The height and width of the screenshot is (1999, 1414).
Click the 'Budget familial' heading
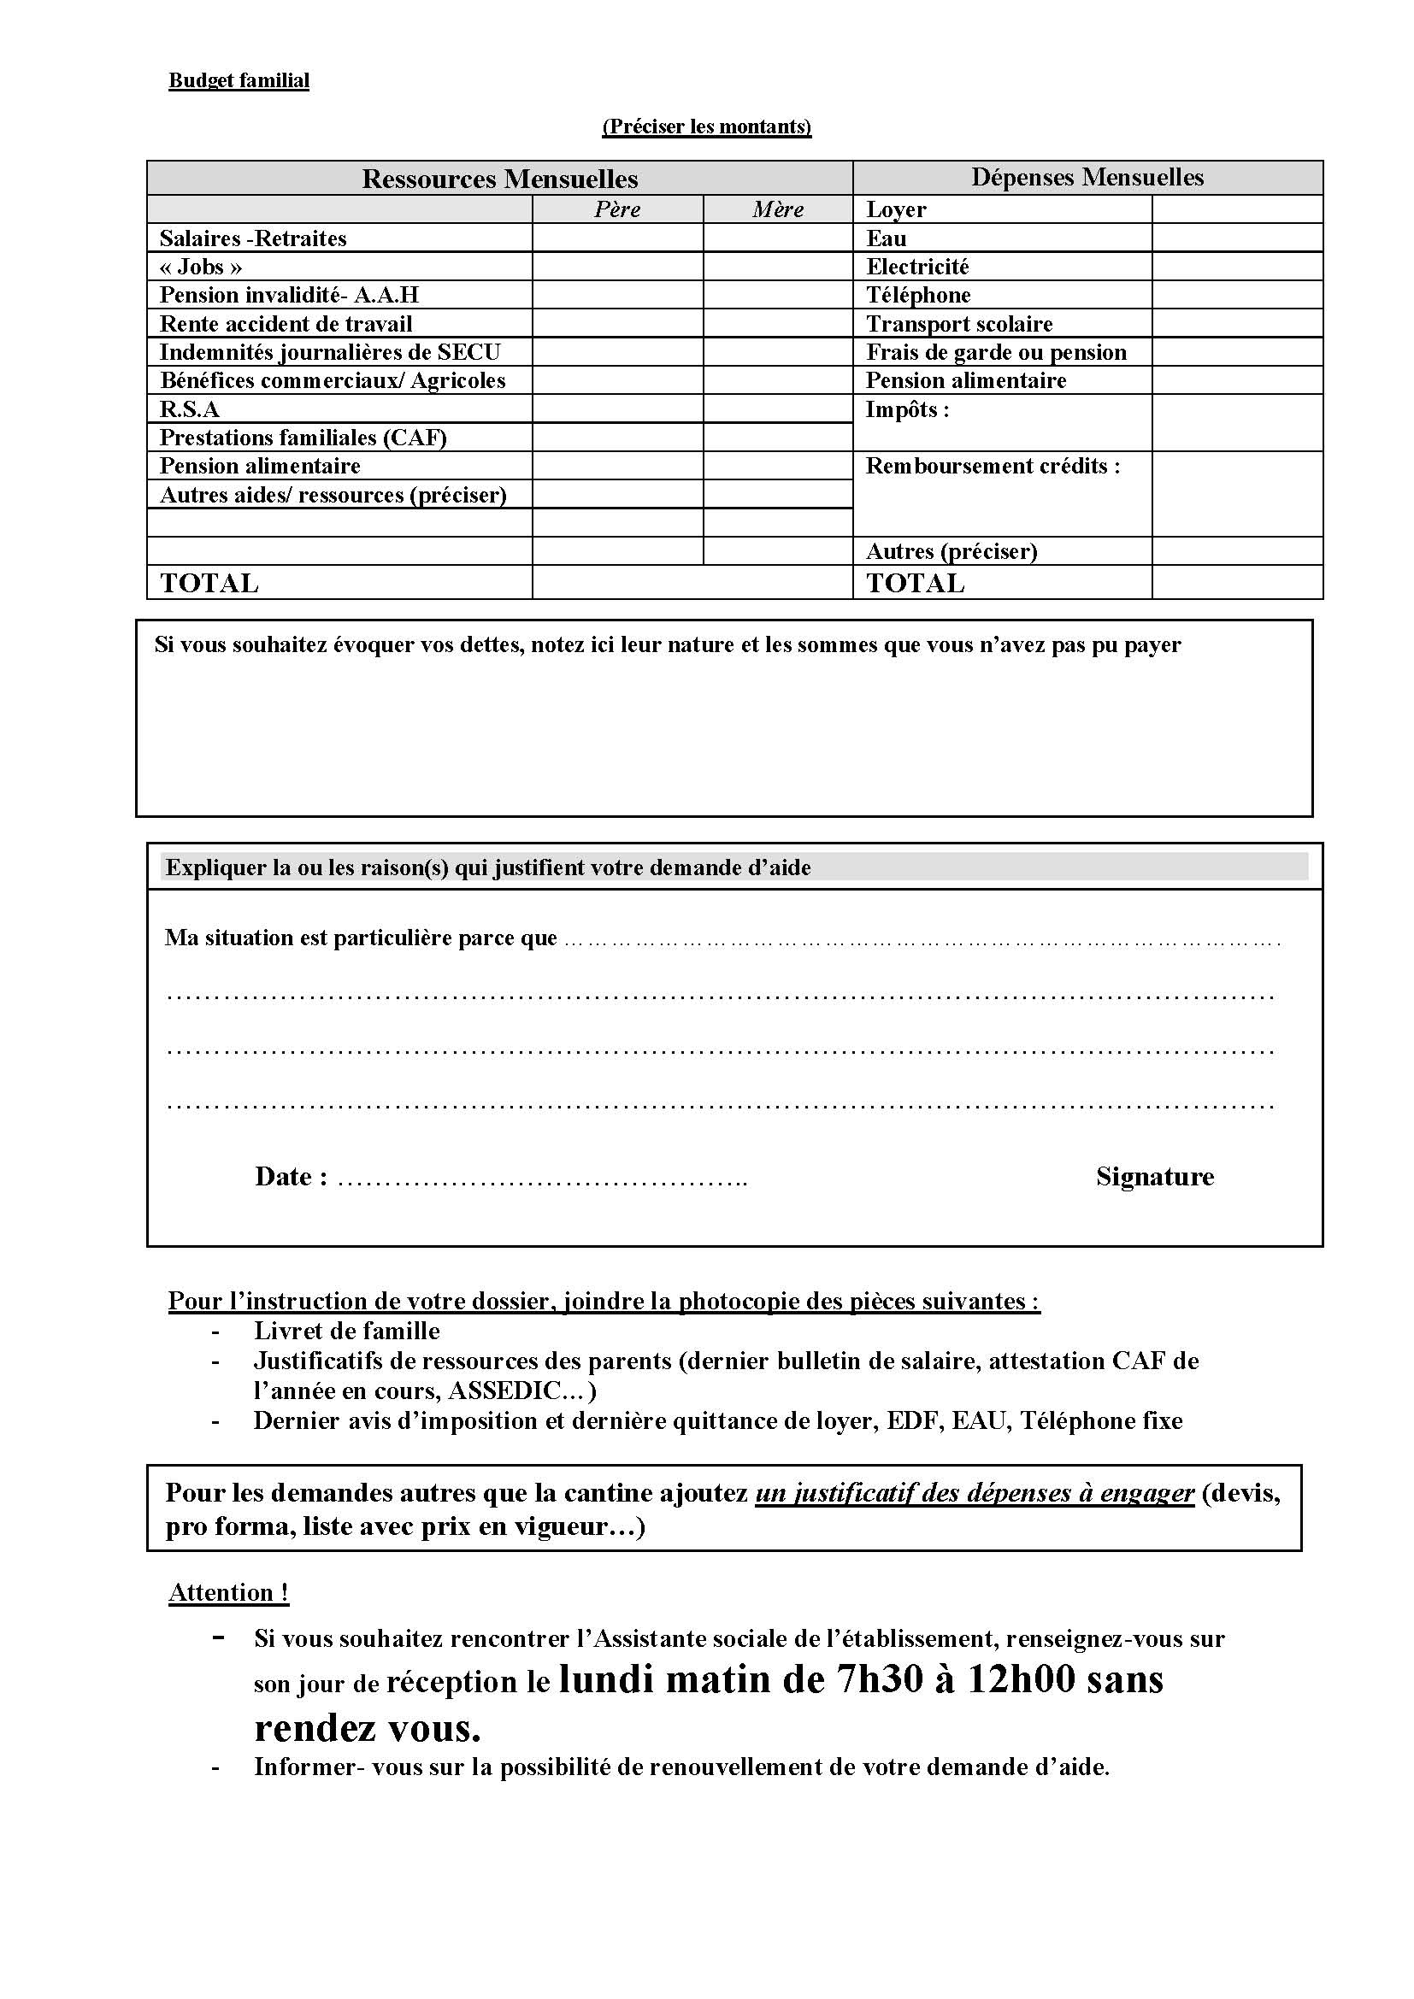coord(239,80)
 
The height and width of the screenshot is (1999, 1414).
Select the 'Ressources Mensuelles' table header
coord(500,179)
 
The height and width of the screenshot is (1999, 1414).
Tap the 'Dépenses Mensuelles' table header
coord(1087,178)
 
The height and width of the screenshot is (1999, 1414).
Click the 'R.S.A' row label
coord(190,409)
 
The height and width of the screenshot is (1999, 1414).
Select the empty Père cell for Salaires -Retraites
coord(617,238)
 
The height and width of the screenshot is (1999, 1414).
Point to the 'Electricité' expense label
coord(916,267)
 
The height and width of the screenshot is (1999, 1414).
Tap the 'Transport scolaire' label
coord(958,324)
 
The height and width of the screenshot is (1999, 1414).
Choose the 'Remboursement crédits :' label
coord(993,466)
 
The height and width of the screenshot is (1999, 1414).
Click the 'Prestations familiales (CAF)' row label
coord(303,437)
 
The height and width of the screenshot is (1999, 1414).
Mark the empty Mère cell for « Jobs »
coord(777,267)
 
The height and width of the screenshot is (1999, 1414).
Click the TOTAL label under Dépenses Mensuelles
coord(915,584)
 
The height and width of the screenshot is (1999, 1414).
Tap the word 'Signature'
coord(1154,1177)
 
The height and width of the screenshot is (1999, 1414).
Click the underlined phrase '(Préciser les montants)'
coord(706,126)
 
